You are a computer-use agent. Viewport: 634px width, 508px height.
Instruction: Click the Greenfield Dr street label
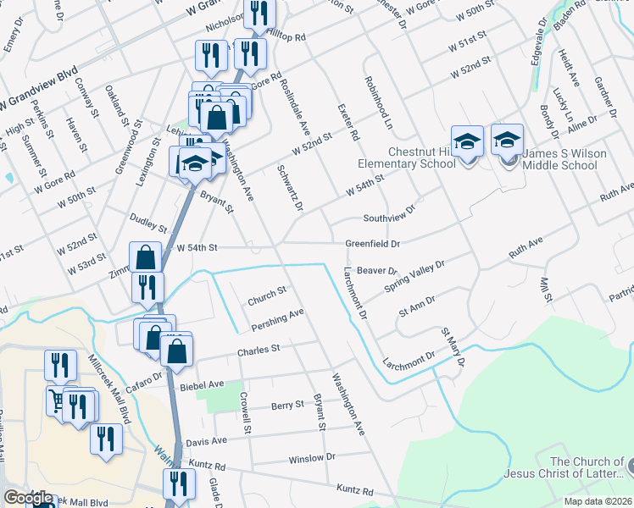click(x=372, y=244)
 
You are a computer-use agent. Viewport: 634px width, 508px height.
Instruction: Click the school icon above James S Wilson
click(x=507, y=139)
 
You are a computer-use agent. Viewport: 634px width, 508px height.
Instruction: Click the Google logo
click(x=29, y=498)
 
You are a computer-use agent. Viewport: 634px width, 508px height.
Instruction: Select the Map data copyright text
click(x=597, y=501)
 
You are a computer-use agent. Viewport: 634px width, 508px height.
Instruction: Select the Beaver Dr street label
click(x=377, y=271)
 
